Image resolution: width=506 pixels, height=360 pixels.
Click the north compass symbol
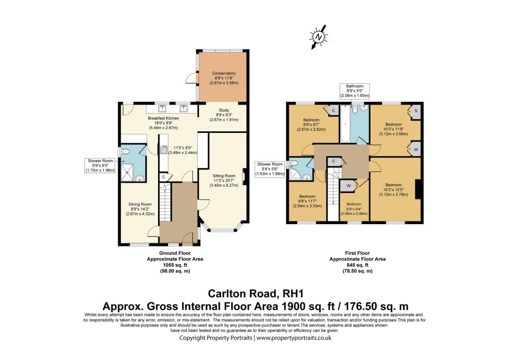[318, 37]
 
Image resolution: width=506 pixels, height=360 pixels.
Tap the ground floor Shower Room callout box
[101, 165]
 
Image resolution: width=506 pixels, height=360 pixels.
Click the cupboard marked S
[415, 111]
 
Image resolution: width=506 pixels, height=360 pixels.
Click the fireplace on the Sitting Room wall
[245, 175]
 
